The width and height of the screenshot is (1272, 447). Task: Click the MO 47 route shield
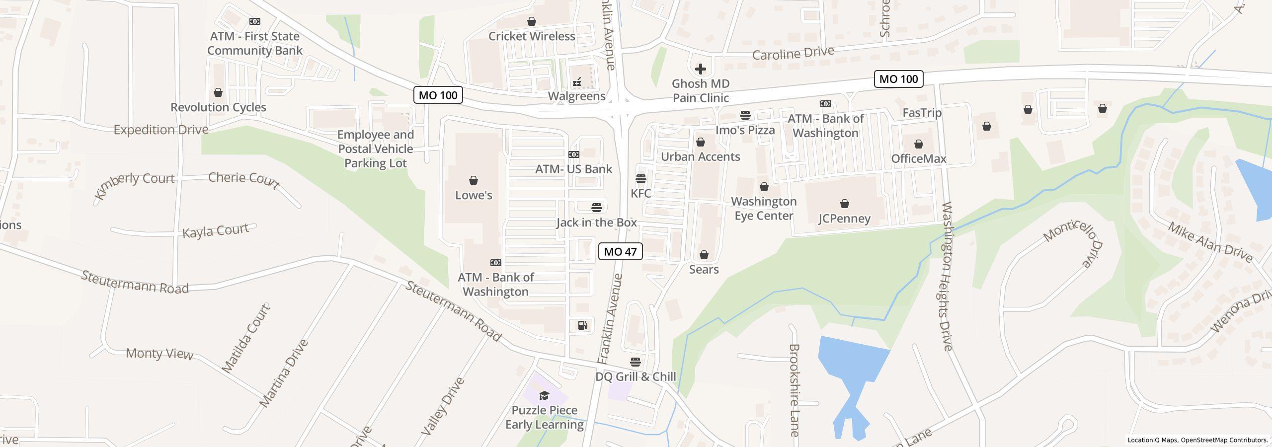pyautogui.click(x=620, y=252)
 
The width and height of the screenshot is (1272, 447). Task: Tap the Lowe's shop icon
pyautogui.click(x=474, y=180)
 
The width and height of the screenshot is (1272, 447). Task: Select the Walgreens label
pyautogui.click(x=576, y=96)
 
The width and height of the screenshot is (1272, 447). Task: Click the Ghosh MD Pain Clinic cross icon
pyautogui.click(x=701, y=69)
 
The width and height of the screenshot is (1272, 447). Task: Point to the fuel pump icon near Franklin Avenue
pyautogui.click(x=582, y=325)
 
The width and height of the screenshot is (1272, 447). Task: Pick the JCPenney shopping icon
pyautogui.click(x=844, y=204)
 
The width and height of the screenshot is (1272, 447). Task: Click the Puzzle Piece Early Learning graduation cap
pyautogui.click(x=544, y=395)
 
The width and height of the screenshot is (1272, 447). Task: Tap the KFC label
pyautogui.click(x=640, y=193)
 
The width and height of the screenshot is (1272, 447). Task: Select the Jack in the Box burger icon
pyautogui.click(x=597, y=207)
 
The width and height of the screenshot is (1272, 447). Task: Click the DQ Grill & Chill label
pyautogui.click(x=636, y=376)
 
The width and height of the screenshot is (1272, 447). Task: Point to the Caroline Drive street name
pyautogui.click(x=793, y=53)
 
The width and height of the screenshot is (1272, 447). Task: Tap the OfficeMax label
pyautogui.click(x=918, y=158)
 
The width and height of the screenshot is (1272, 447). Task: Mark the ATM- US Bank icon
pyautogui.click(x=573, y=154)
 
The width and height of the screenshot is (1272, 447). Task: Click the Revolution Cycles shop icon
pyautogui.click(x=218, y=92)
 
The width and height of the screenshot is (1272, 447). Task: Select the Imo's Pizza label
pyautogui.click(x=745, y=130)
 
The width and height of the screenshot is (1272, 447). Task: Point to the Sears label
pyautogui.click(x=704, y=269)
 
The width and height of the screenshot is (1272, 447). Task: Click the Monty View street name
pyautogui.click(x=159, y=354)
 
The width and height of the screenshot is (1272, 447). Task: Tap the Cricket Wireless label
pyautogui.click(x=532, y=36)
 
